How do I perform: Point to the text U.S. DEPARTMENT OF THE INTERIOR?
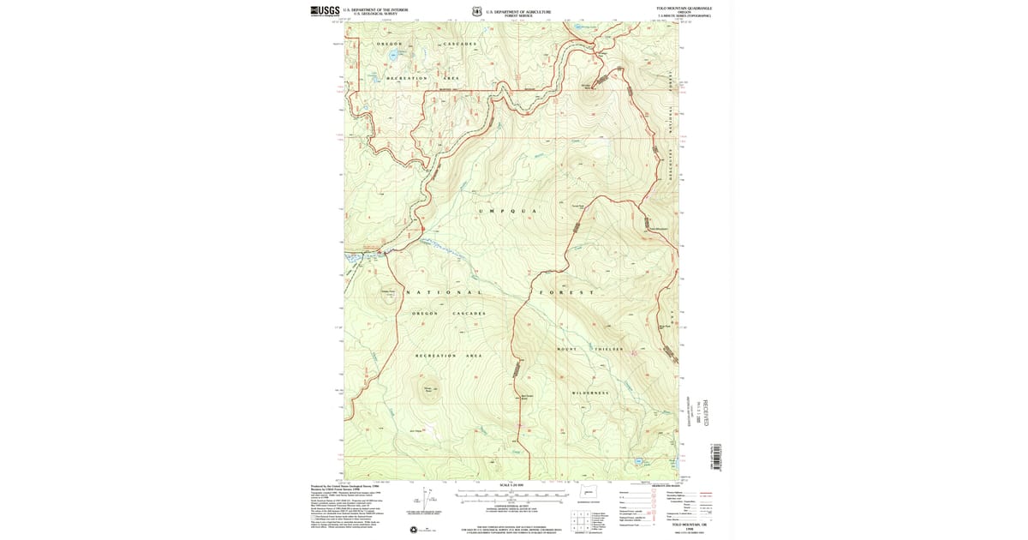tap(375, 9)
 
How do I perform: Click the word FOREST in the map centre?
tap(566, 293)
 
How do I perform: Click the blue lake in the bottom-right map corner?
tap(639, 461)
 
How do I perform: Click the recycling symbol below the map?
tap(413, 530)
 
